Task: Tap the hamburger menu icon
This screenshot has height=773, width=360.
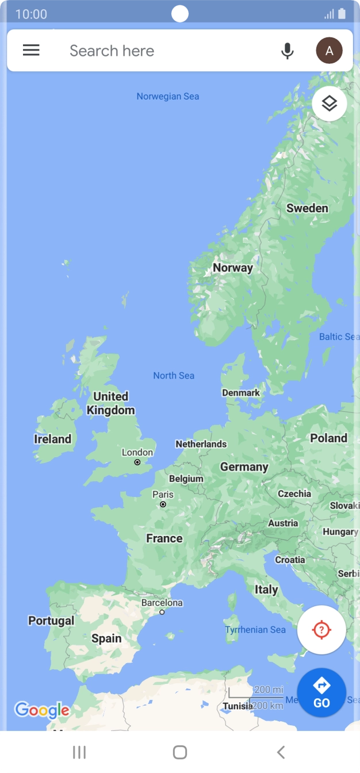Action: tap(31, 50)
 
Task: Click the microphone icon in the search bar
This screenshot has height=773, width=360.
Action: tap(288, 51)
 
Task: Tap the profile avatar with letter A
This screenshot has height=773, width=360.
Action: tap(329, 51)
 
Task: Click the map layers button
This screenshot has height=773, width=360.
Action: tap(329, 104)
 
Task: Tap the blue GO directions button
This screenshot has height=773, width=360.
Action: tap(321, 692)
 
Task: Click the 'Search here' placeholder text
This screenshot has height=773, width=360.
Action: tap(112, 51)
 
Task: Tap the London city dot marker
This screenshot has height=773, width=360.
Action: tap(137, 462)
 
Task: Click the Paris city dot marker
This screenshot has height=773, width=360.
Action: tap(163, 504)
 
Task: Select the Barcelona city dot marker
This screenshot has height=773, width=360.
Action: tap(162, 613)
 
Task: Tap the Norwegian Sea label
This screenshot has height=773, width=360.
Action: tap(167, 96)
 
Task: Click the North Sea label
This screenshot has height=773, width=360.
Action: tap(174, 376)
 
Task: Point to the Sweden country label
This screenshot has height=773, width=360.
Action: tap(307, 208)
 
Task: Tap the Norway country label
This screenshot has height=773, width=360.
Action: tap(232, 267)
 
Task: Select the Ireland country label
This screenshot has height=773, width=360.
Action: tap(53, 439)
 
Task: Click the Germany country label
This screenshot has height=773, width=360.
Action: tap(244, 467)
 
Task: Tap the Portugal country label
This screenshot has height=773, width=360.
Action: tap(51, 621)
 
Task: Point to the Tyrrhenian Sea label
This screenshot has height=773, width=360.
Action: tap(255, 630)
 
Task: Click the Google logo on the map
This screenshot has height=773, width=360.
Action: tap(41, 710)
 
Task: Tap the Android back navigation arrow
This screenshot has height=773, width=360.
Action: tap(281, 752)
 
